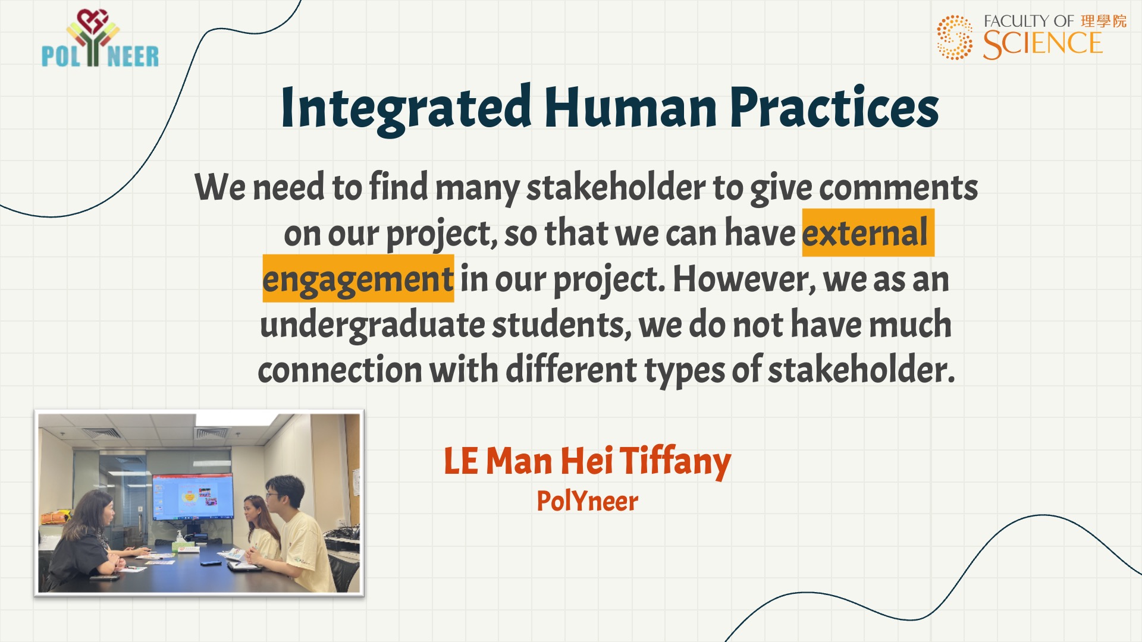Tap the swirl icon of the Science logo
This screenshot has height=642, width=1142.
955,37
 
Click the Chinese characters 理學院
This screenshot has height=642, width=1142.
1104,21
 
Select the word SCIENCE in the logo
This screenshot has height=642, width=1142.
1043,44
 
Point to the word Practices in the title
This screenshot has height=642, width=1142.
834,108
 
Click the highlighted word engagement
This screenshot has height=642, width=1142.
358,279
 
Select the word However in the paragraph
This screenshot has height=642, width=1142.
744,279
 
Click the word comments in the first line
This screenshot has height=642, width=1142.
898,188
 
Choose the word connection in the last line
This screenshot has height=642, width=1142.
340,370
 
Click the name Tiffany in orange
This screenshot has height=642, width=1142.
676,461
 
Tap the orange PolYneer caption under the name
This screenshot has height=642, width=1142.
587,501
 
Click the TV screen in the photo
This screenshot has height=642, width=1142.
193,497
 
